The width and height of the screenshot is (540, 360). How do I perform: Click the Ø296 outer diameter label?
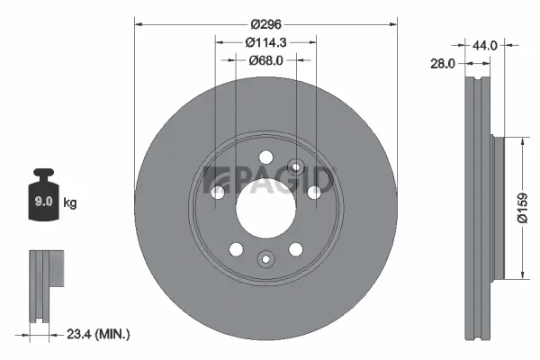coord(265,24)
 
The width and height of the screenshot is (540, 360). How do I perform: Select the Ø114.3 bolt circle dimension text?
coord(265,42)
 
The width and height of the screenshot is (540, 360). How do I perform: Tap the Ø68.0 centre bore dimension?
coord(265,60)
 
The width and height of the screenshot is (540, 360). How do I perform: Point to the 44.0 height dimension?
coord(485,43)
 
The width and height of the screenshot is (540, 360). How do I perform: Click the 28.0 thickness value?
coord(441,64)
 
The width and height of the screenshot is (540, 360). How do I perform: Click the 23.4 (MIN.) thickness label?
coord(100,334)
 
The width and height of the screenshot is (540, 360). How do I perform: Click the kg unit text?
coord(71,203)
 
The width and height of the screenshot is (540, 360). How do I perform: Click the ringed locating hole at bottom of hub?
coord(265,259)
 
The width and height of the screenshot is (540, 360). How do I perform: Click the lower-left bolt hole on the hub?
coord(235,248)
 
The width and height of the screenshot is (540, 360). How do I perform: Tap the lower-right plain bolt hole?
coord(294,248)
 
